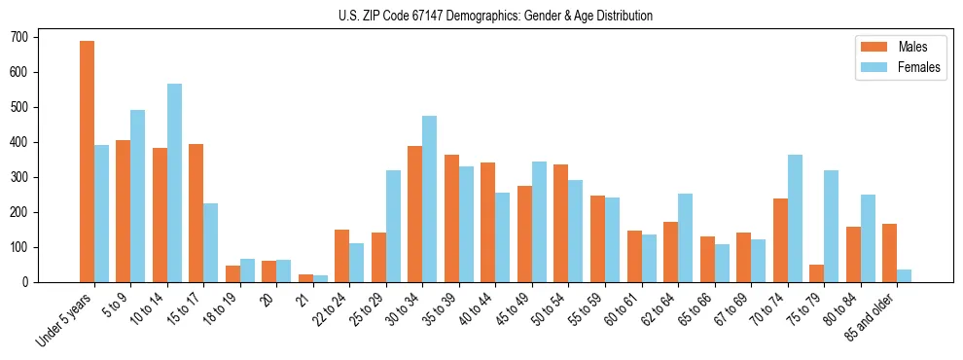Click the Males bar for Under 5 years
(87, 162)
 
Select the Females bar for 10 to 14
(174, 183)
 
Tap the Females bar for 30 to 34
(429, 198)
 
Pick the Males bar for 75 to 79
(816, 273)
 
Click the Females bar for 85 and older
(904, 275)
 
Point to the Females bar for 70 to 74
(795, 218)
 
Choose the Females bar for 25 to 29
(393, 226)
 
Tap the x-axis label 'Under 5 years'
(65, 318)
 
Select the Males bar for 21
(305, 278)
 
